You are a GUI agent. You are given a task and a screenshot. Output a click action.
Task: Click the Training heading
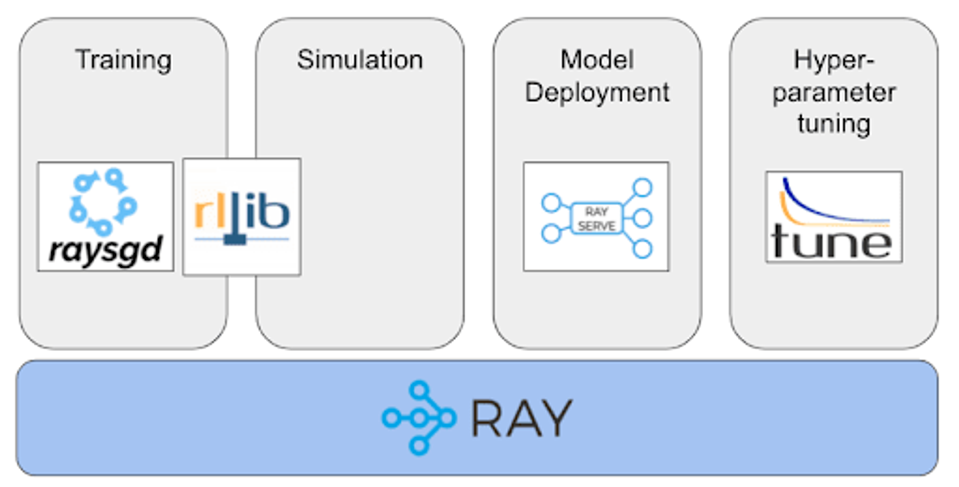pos(123,60)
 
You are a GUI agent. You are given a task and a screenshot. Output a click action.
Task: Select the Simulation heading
pos(360,60)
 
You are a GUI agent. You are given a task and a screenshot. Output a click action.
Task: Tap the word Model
pos(597,60)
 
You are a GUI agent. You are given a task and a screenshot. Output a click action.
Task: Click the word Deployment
pos(597,93)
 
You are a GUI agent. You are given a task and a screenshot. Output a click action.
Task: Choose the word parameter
pos(834,93)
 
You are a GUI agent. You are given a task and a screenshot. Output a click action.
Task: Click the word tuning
pos(834,123)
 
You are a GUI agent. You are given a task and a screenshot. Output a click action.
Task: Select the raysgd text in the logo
pos(106,250)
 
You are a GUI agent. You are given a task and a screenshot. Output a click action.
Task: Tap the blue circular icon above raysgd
pos(103,202)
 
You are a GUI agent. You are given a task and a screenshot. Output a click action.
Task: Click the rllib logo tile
pos(242,217)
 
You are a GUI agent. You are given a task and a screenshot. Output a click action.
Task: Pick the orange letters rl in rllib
pos(206,213)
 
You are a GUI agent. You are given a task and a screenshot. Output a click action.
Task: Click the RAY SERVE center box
pos(596,219)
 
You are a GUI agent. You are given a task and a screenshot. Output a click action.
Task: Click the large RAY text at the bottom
pos(521,419)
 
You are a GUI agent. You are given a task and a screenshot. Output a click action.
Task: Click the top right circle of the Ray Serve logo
pos(642,188)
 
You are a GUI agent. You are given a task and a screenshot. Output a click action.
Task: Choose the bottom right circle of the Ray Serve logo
pos(642,249)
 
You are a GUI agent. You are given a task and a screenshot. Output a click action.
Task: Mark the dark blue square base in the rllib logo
pos(235,240)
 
